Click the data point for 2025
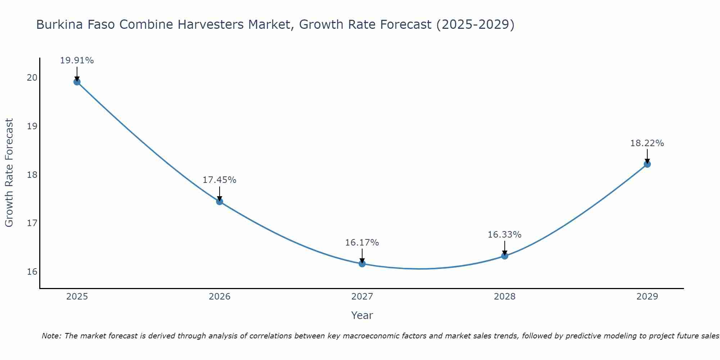click(77, 82)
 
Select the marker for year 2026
click(219, 201)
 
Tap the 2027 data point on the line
click(362, 264)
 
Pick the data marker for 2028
click(504, 256)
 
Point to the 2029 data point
click(647, 164)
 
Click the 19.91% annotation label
click(77, 60)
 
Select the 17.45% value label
click(219, 180)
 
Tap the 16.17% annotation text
click(362, 243)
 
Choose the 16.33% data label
click(504, 235)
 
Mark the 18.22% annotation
click(647, 143)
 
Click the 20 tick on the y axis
click(32, 78)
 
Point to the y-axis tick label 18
click(32, 175)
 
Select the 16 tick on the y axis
click(32, 272)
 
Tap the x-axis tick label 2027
click(362, 297)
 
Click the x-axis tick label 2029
click(647, 297)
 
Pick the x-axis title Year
click(362, 315)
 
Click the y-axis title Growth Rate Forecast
click(9, 173)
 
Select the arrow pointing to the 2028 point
click(504, 248)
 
